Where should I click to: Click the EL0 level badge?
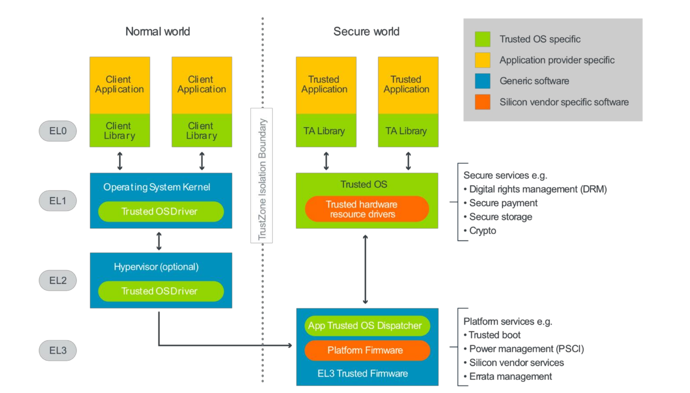[x=58, y=131]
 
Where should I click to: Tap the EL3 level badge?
[x=58, y=350]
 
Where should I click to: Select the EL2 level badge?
[x=58, y=280]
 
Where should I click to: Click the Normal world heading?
[x=158, y=31]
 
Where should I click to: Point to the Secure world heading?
[x=366, y=31]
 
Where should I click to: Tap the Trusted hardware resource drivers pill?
[x=367, y=209]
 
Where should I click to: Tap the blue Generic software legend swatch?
[x=482, y=81]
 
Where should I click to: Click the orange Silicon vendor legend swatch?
[x=482, y=102]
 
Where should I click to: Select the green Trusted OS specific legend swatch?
[x=482, y=39]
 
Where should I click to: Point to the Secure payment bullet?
[x=503, y=203]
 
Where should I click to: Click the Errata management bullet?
[x=510, y=376]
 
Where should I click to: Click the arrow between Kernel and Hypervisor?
[x=159, y=241]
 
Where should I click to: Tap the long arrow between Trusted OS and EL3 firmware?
[x=365, y=269]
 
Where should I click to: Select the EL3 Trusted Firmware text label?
[x=362, y=373]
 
